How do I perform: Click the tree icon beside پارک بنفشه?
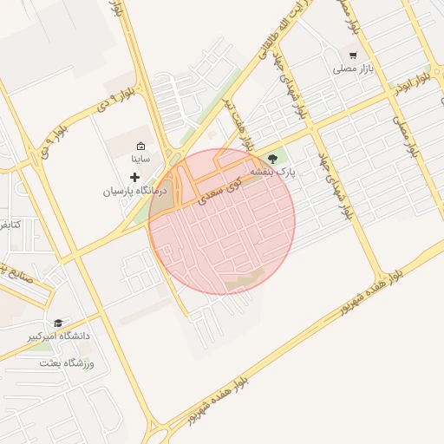[x=274, y=159]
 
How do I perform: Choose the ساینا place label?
[x=140, y=159]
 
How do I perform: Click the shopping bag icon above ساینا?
[x=140, y=146]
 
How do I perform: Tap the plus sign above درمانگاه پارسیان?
[x=134, y=177]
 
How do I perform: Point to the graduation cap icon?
[x=58, y=323]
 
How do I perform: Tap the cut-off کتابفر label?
[x=8, y=225]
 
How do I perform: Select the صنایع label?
[x=17, y=269]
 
